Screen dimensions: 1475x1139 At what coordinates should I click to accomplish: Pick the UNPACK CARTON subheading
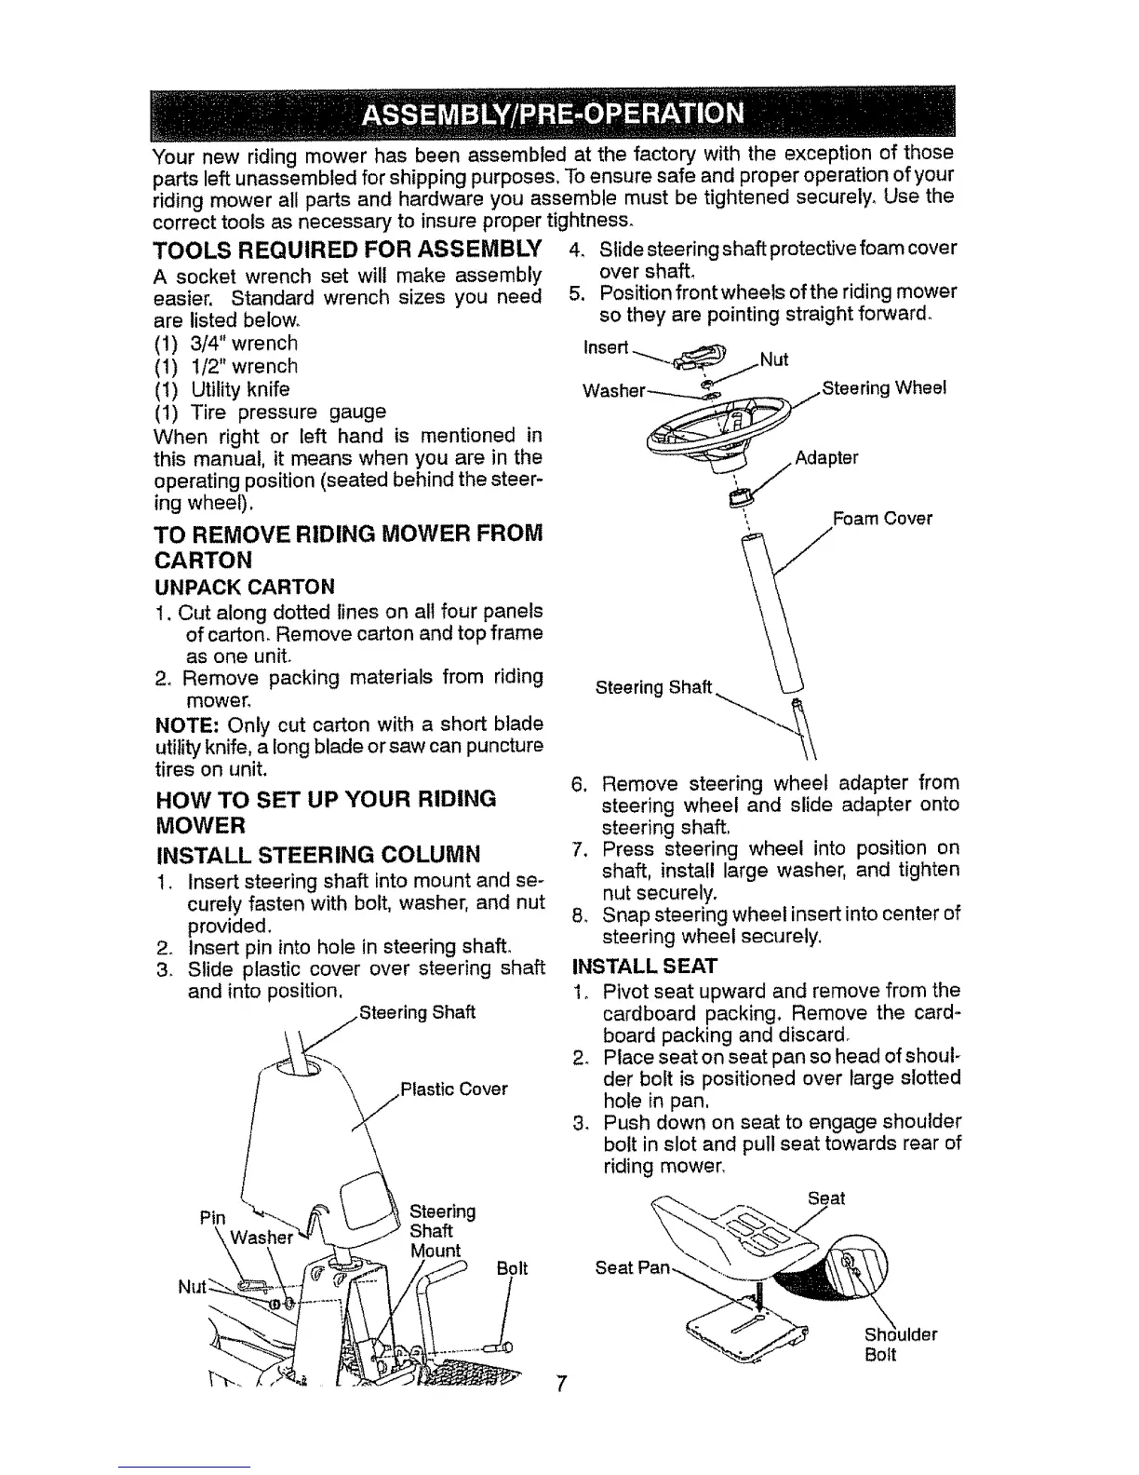pyautogui.click(x=243, y=587)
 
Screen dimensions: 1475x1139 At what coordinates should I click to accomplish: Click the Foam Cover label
pyautogui.click(x=881, y=520)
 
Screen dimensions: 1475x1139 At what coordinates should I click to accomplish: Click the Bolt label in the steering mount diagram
pyautogui.click(x=512, y=1268)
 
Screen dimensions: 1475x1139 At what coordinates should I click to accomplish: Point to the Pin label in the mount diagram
pyautogui.click(x=212, y=1217)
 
